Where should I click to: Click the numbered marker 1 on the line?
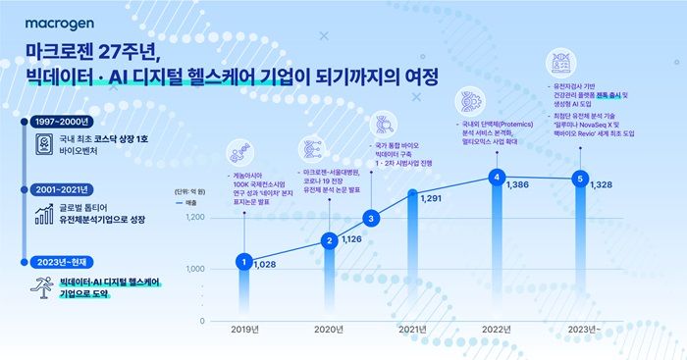pyautogui.click(x=242, y=262)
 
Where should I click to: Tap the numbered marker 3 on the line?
pyautogui.click(x=370, y=218)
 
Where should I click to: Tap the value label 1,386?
pyautogui.click(x=521, y=184)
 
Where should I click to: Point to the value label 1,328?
pyautogui.click(x=604, y=184)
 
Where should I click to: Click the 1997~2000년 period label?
pyautogui.click(x=61, y=121)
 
